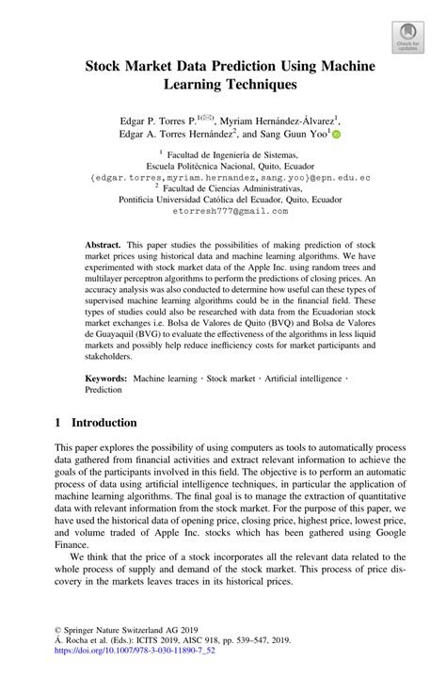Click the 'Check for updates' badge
coord(407,37)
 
